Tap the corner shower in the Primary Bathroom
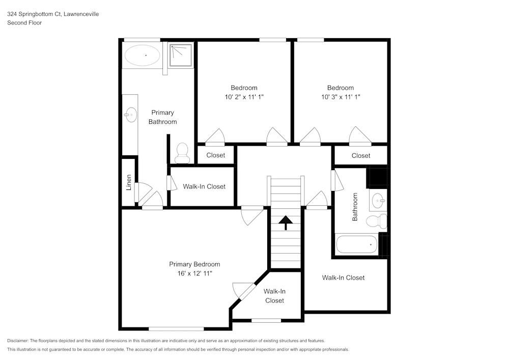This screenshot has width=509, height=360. click(x=182, y=55)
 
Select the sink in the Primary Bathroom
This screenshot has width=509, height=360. click(x=130, y=115)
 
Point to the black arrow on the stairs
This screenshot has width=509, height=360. click(x=286, y=221)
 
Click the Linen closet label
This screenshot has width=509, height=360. click(x=129, y=183)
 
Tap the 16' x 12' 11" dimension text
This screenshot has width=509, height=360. click(x=194, y=273)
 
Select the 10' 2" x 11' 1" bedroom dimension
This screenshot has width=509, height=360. click(x=244, y=97)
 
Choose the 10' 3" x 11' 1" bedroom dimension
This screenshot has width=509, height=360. click(x=341, y=97)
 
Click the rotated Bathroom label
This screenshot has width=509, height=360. click(x=355, y=206)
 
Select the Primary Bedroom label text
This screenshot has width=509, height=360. click(x=194, y=264)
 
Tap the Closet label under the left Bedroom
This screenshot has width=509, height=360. click(x=216, y=155)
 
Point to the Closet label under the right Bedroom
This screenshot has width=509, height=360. click(x=361, y=155)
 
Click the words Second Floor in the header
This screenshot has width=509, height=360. click(x=24, y=23)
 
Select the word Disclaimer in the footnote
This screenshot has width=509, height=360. click(x=18, y=341)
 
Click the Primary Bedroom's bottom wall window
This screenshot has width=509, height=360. click(x=176, y=328)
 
